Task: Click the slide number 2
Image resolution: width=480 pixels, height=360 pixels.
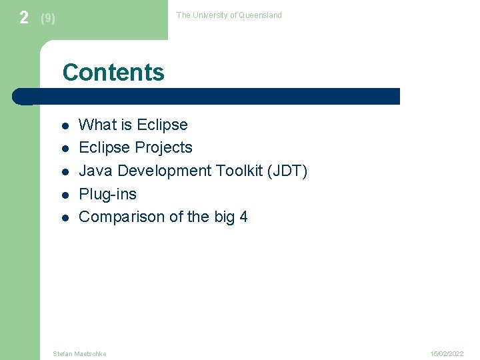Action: tap(24, 18)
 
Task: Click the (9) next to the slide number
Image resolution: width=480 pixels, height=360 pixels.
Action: tap(48, 19)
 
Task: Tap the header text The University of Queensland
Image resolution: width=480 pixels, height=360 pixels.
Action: tap(229, 15)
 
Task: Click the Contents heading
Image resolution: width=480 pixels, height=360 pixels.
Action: tap(113, 72)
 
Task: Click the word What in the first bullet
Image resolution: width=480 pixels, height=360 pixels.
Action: tap(97, 125)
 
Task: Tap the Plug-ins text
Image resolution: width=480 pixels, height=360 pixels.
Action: tap(108, 195)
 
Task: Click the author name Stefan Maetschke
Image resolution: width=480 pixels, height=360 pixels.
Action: tap(79, 353)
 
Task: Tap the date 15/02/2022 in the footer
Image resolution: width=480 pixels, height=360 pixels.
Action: tap(447, 353)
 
